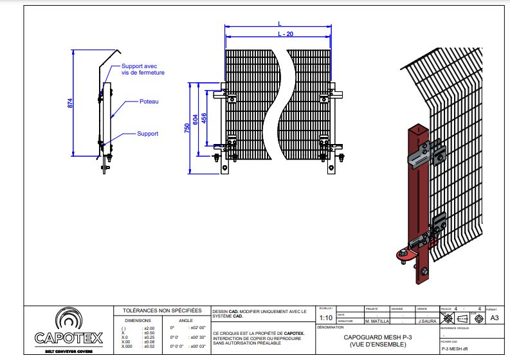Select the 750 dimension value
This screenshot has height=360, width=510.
click(x=187, y=128)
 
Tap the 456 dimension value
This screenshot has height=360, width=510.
click(x=204, y=118)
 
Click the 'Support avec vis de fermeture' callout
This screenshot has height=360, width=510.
click(x=143, y=69)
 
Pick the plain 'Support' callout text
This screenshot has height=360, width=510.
click(x=147, y=134)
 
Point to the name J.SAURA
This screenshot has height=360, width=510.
click(x=428, y=320)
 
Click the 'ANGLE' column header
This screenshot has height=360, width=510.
click(x=185, y=319)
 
